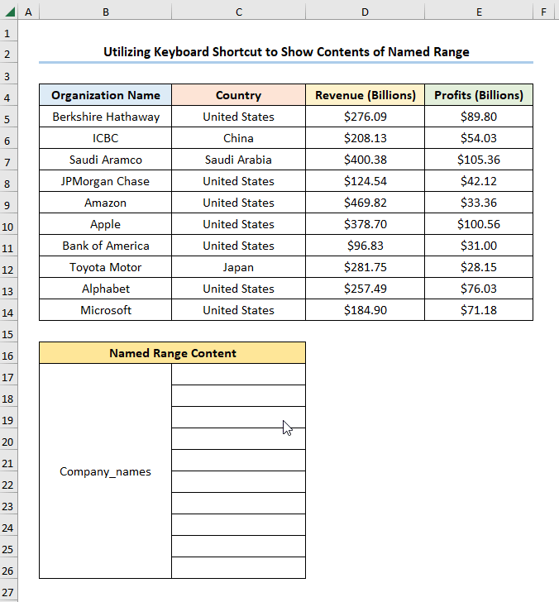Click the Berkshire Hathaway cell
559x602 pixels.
pos(106,117)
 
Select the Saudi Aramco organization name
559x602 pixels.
pos(106,160)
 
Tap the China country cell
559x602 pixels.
pos(238,138)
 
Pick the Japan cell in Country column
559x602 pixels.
pos(238,267)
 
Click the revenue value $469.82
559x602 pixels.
pos(365,203)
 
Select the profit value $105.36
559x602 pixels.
pos(479,160)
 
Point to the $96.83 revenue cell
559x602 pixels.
pos(365,246)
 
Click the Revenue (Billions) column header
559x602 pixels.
pos(365,95)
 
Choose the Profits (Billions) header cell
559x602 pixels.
pos(479,95)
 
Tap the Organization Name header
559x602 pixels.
pos(106,95)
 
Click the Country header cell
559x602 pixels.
pos(238,95)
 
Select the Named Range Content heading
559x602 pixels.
pos(172,353)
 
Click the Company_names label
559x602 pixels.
pos(106,471)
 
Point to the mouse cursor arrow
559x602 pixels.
pos(286,428)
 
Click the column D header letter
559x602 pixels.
pos(365,12)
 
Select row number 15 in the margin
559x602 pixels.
pos(8,333)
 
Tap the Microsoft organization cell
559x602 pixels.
pos(106,310)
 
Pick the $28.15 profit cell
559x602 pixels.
pos(479,267)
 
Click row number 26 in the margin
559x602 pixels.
pos(8,571)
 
